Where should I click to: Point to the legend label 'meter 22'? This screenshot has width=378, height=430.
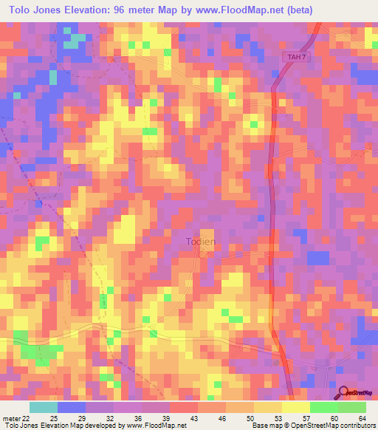(21, 419)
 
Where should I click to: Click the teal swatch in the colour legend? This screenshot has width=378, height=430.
(44, 407)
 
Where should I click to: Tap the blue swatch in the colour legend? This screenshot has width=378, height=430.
(72, 407)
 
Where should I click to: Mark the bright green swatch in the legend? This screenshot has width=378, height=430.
(323, 407)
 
